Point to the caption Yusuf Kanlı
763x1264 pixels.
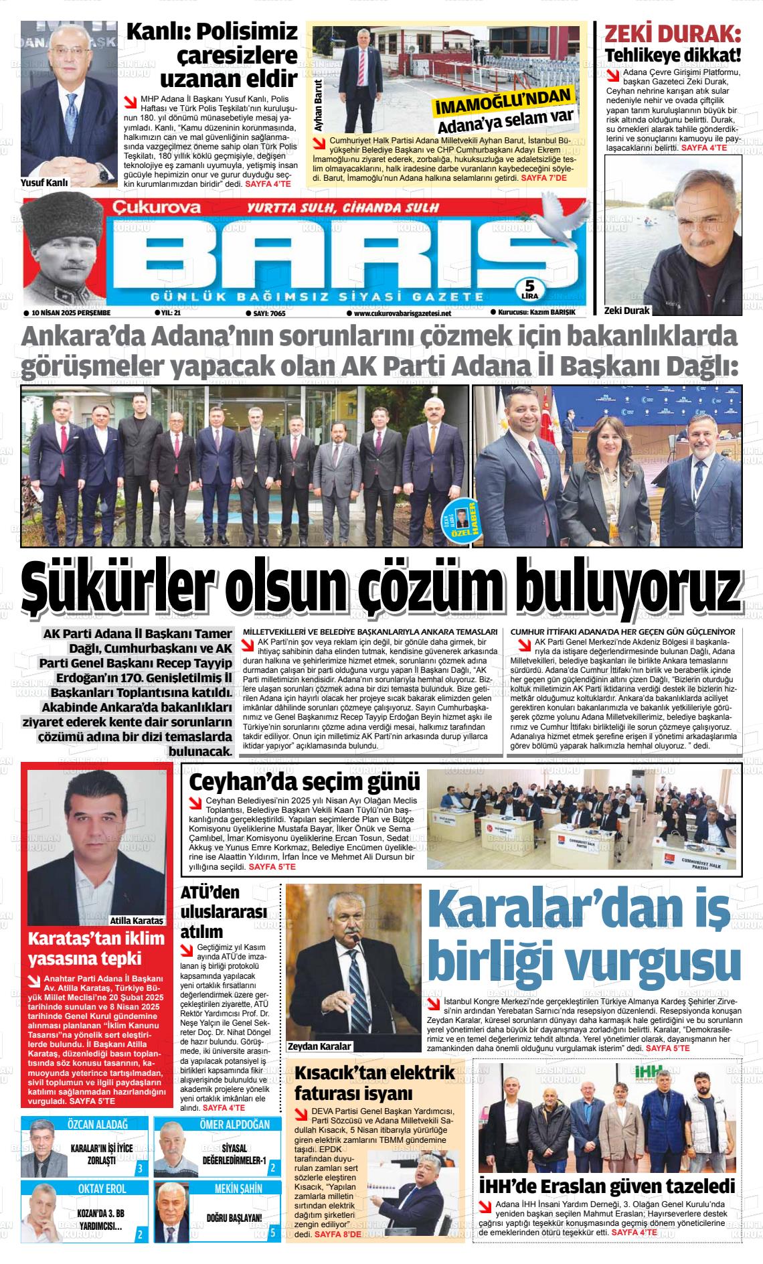45,182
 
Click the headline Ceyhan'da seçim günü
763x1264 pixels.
305,782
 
